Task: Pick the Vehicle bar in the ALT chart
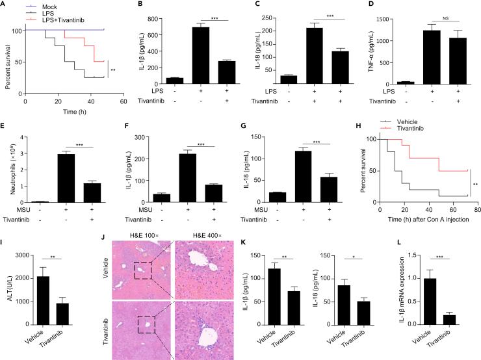tap(44, 299)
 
